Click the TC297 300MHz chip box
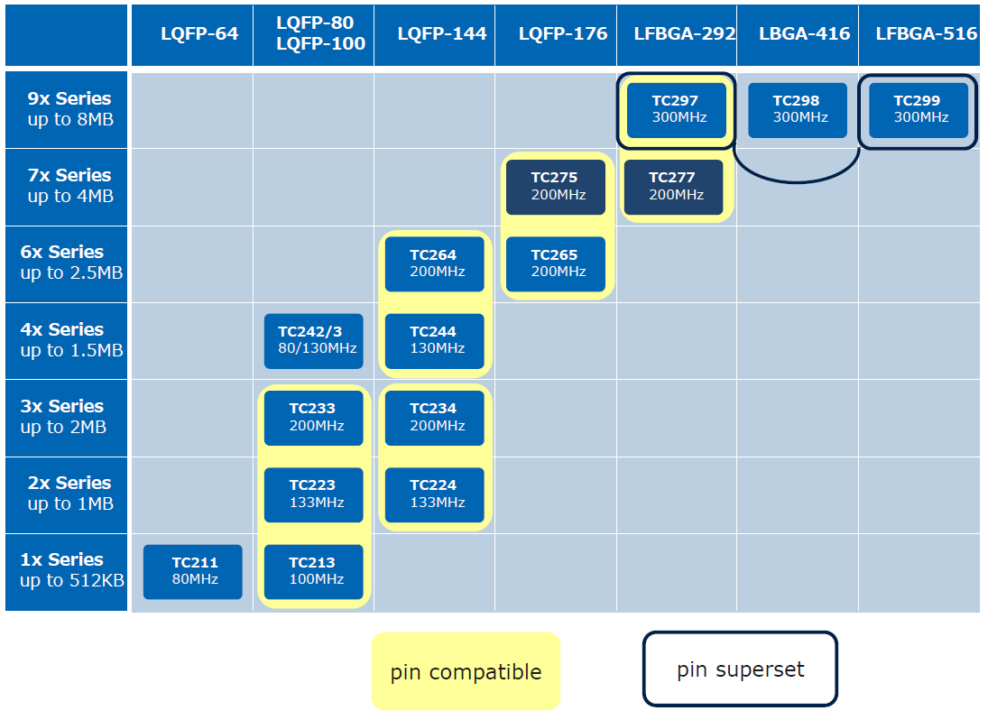point(677,110)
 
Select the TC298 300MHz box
point(798,110)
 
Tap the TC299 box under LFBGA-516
point(919,110)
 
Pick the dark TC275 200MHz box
point(556,187)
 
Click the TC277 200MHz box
point(674,187)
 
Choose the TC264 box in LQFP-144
point(435,264)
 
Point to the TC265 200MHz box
point(556,264)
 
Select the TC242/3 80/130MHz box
point(314,341)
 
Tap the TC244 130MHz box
point(435,341)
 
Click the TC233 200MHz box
point(314,418)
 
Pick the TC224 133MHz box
point(435,494)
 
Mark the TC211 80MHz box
point(193,571)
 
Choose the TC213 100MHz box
point(314,571)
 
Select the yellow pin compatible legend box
point(466,671)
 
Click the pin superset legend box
point(741,669)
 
